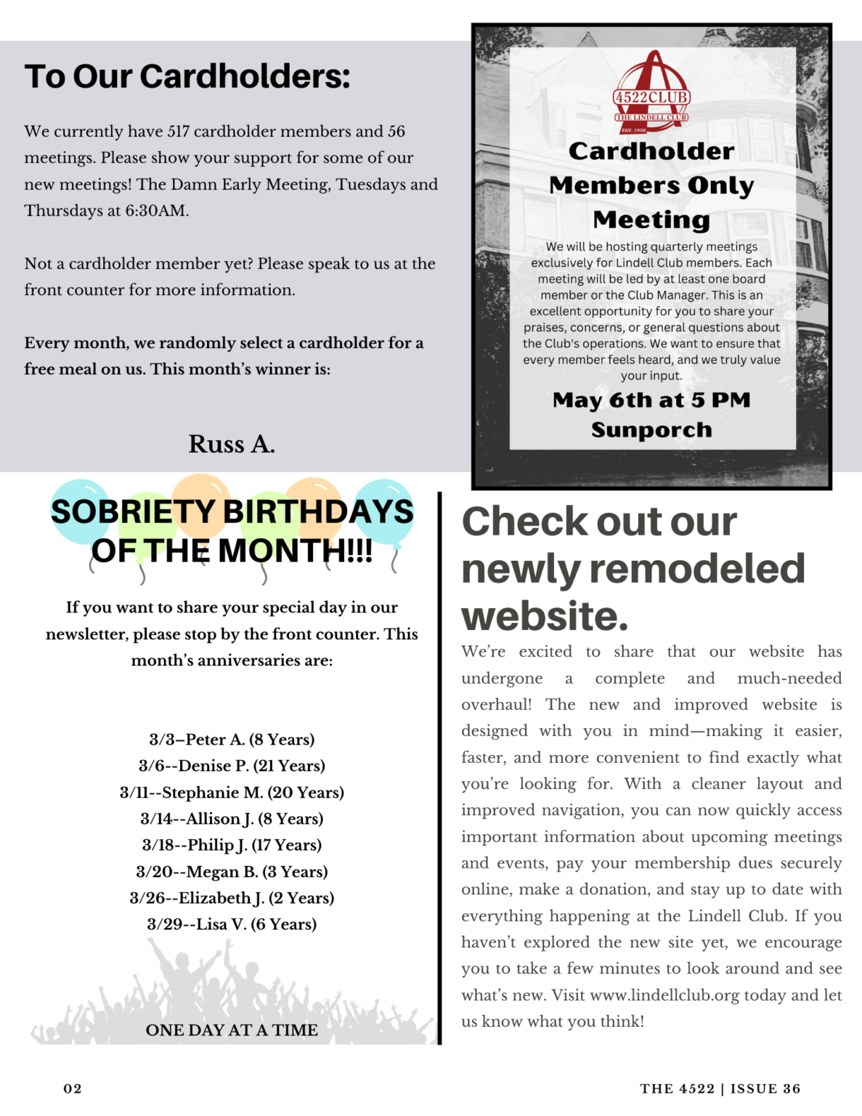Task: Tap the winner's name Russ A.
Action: coord(232,444)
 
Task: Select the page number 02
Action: coord(73,1088)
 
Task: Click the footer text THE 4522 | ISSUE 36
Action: coord(720,1088)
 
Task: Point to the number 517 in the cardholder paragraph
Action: coord(178,132)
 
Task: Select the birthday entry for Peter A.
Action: coord(232,740)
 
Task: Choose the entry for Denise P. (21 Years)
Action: coord(232,766)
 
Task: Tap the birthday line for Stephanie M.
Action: coord(232,792)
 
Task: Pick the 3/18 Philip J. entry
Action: coord(232,845)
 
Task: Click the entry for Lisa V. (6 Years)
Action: coord(232,924)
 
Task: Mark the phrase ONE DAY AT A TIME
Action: coord(232,1030)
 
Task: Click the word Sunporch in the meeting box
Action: coord(651,429)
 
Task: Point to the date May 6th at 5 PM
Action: coord(651,400)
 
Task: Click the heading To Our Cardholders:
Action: coord(187,76)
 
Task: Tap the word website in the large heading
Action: coord(545,616)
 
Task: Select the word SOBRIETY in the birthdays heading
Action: coord(133,511)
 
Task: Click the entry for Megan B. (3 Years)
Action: coord(232,871)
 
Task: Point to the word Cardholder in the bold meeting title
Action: coord(651,151)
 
